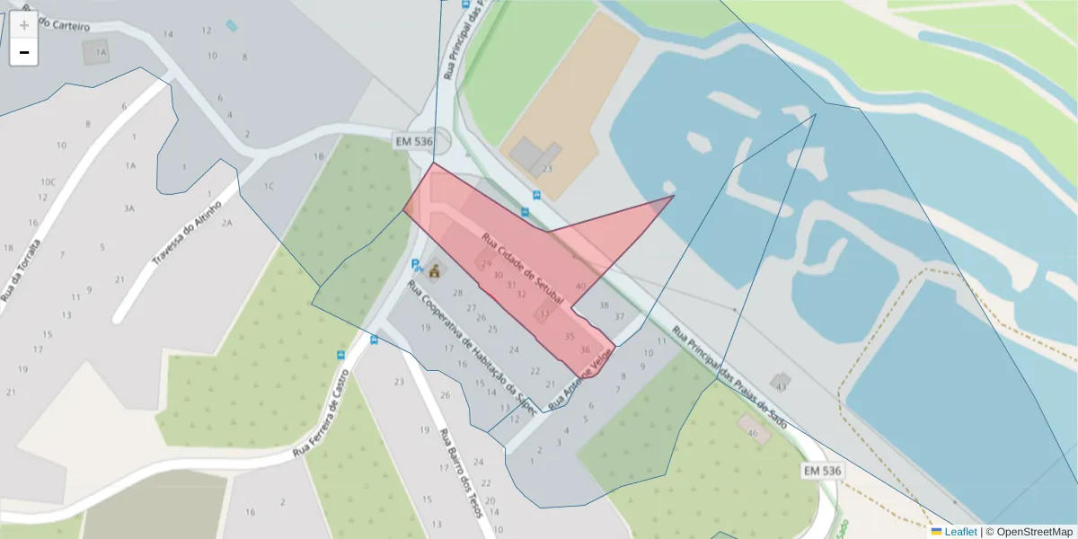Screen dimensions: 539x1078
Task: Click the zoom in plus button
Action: coord(24,25)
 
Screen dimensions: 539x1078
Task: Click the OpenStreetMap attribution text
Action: coord(1034,532)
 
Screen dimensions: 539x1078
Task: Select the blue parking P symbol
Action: coord(415,265)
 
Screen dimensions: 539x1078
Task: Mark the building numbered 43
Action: coord(781,384)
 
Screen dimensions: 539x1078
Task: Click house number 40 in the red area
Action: coord(580,286)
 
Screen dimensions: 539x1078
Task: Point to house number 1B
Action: coord(318,156)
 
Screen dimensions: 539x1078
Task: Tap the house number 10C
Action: coord(48,182)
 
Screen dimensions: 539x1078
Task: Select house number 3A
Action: coord(129,208)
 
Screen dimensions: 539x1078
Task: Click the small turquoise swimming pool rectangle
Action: coord(232,25)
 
